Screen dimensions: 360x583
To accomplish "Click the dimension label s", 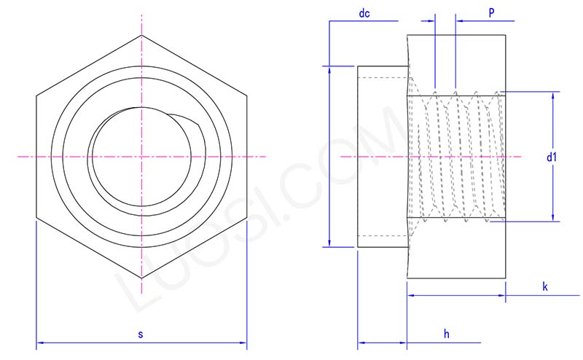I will [x=141, y=334].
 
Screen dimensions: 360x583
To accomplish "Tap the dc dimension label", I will [x=364, y=13].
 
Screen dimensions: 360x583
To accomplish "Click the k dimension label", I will [x=544, y=287].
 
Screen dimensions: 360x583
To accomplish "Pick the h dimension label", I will [x=446, y=333].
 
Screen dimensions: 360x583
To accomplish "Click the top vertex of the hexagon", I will [x=141, y=34].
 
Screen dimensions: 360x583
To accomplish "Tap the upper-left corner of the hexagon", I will [x=36, y=95].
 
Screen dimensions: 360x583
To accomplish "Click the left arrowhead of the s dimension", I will [x=39, y=342].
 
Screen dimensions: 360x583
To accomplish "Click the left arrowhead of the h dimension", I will [x=361, y=342].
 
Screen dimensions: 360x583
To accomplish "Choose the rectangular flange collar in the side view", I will [x=382, y=157].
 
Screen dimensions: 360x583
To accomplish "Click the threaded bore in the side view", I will [x=456, y=157].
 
